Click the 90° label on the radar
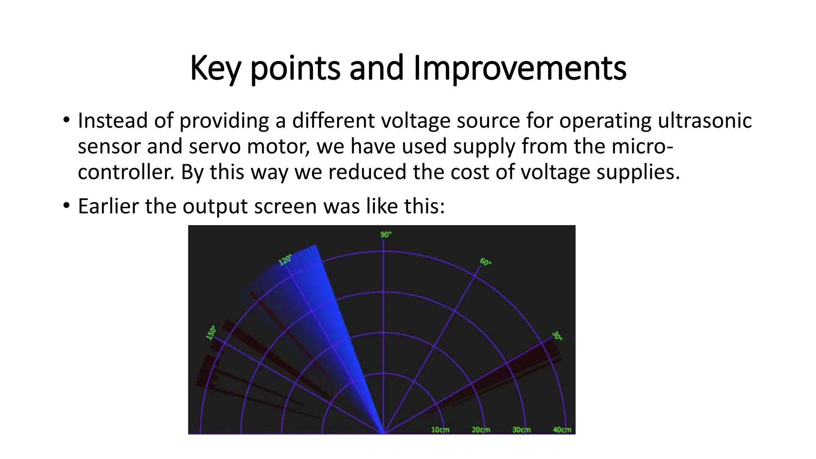pos(386,235)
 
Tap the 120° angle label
pos(285,260)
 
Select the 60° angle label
pos(485,262)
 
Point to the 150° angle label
pos(211,333)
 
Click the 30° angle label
pos(557,336)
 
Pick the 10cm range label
pos(440,430)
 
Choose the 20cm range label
pos(481,430)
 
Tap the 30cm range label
pos(522,430)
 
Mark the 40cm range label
pos(562,430)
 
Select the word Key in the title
pos(215,69)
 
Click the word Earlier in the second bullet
pos(108,206)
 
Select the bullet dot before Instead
pos(66,120)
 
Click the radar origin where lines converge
pos(384,432)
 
